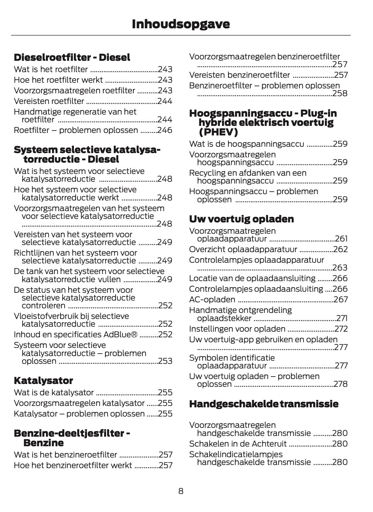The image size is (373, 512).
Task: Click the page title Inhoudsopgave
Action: (181, 24)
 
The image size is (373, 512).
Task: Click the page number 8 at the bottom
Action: (181, 491)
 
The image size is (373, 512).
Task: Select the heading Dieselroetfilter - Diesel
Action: (72, 57)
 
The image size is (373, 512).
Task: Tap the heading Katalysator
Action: (43, 380)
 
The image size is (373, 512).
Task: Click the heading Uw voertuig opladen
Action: (241, 219)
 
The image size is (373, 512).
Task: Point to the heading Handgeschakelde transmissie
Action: (264, 404)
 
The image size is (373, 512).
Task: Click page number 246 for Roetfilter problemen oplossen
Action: (165, 130)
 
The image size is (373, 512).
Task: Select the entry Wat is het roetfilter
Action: (51, 69)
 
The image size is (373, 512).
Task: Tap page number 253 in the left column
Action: (165, 361)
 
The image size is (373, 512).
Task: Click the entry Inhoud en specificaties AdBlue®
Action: (75, 334)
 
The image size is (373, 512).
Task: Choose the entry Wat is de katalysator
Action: (54, 392)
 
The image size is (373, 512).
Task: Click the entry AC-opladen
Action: (212, 299)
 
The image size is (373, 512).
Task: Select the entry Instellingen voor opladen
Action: (237, 329)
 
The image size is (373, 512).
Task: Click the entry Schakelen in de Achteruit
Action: (238, 443)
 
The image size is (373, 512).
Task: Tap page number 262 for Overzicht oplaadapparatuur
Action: (340, 249)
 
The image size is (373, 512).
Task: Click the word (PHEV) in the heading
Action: (218, 132)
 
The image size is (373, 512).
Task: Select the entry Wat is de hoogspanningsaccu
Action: (246, 144)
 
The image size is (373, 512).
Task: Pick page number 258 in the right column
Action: (340, 93)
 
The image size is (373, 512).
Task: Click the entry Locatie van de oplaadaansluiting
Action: (252, 278)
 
